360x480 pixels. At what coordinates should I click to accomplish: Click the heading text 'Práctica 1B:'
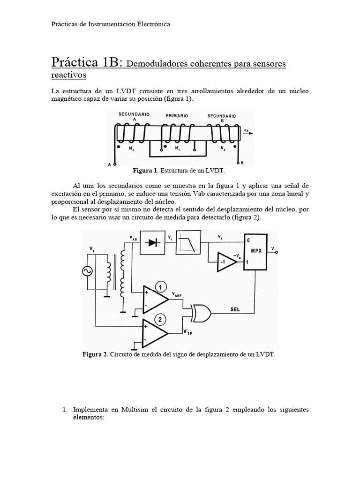[x=87, y=62]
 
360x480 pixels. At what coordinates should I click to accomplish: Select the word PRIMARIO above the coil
[x=177, y=115]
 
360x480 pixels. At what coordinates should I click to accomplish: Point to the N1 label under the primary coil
[x=177, y=149]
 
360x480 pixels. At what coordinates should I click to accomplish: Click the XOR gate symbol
[x=200, y=313]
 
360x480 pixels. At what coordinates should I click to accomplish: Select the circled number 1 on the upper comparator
[x=160, y=287]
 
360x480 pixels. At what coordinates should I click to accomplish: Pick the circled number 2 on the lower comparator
[x=160, y=320]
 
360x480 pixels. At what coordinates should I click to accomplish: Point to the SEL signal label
[x=235, y=308]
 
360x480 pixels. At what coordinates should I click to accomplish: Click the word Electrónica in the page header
[x=150, y=24]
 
